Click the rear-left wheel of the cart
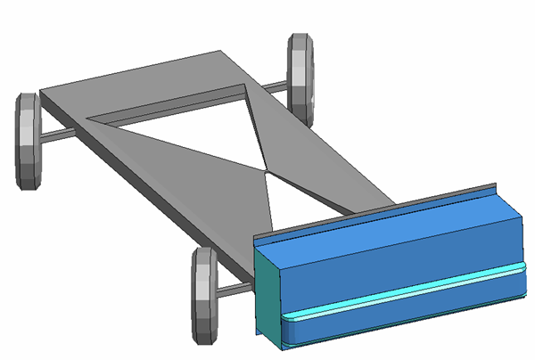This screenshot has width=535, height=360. (29, 141)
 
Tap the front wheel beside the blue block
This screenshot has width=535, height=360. (204, 294)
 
